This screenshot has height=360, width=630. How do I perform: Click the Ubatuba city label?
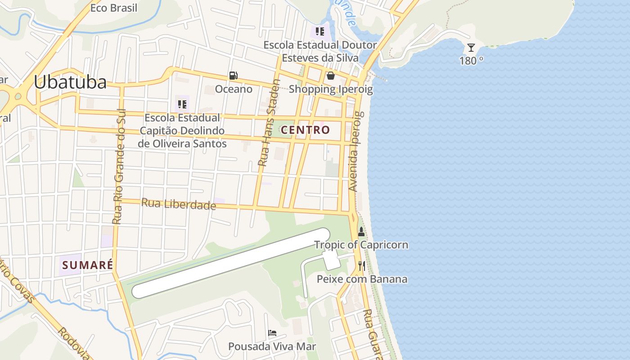pos(70,82)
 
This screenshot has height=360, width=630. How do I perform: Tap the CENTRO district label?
pos(306,130)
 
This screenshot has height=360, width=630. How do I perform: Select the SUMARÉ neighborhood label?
pos(88,265)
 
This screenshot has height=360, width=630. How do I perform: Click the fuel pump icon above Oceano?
pos(234,76)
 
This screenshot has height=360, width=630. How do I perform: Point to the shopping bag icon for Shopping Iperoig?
pos(331,76)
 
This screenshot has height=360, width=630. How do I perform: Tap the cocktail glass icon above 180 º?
pos(471,48)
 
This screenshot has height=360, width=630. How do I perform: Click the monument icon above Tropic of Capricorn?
pos(361,232)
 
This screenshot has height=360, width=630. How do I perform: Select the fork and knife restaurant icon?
pos(361,266)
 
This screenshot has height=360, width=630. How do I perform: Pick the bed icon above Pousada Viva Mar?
pos(272,333)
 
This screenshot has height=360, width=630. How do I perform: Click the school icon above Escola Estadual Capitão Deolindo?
pos(182,104)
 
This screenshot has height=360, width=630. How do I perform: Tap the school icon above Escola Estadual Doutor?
pos(320,31)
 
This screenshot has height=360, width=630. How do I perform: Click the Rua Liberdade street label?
pos(179,204)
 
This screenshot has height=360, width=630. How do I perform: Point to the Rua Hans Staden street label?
pos(269,122)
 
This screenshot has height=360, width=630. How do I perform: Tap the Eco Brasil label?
pos(114,8)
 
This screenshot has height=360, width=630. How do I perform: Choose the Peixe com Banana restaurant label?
pos(362,279)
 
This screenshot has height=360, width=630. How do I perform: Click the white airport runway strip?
pos(229,263)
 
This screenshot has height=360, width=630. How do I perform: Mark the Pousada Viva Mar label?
pos(272,346)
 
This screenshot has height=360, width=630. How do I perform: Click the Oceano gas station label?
pos(234,89)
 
